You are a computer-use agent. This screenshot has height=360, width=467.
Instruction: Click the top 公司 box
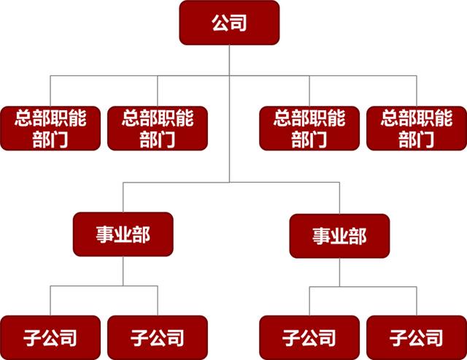pos(229,22)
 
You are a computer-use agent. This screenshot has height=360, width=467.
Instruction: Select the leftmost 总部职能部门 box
pos(50,128)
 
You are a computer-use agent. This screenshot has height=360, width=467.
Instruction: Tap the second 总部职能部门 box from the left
pos(157,128)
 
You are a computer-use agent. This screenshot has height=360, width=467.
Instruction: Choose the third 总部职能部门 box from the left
pos(309,128)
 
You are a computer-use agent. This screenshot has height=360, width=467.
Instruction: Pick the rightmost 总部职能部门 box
pos(417,128)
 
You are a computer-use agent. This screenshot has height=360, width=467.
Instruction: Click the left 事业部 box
pos(123,234)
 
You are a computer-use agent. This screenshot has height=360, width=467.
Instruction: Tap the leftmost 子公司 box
pos(50,337)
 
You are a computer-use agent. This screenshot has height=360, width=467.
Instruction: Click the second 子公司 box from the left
pos(157,337)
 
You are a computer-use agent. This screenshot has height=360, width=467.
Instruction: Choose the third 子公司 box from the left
pos(309,337)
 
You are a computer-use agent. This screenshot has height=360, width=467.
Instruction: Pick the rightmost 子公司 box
pos(417,337)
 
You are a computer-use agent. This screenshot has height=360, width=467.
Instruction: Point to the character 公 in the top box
pos(220,23)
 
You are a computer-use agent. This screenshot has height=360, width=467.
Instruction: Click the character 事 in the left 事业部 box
pos(104,234)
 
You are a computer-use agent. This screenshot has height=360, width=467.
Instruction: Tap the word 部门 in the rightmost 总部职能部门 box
pos(417,139)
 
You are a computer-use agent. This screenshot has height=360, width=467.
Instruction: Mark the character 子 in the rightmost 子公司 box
pos(398,337)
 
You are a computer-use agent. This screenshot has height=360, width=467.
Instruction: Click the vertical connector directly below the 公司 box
pos(229,58)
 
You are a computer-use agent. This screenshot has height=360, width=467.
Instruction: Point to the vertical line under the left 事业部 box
pos(123,272)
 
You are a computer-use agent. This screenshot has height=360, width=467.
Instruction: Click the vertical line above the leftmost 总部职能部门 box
pos(50,90)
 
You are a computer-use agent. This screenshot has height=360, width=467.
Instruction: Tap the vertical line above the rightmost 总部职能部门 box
pos(417,90)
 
